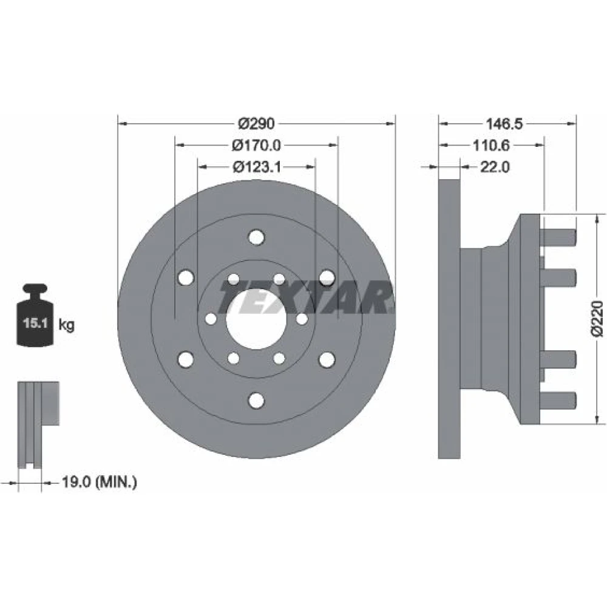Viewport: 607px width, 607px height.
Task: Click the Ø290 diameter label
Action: [256, 123]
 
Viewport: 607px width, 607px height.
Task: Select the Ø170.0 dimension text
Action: [256, 145]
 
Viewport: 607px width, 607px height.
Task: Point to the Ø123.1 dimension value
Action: [257, 167]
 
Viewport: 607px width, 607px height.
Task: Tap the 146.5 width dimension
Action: [504, 124]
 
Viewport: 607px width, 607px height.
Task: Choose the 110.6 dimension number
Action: [491, 146]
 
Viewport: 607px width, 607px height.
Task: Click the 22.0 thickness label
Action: [495, 168]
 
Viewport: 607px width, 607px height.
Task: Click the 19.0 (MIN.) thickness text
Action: [100, 482]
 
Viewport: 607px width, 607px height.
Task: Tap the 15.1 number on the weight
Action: [35, 323]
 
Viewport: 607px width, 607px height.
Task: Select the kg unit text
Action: [66, 324]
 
